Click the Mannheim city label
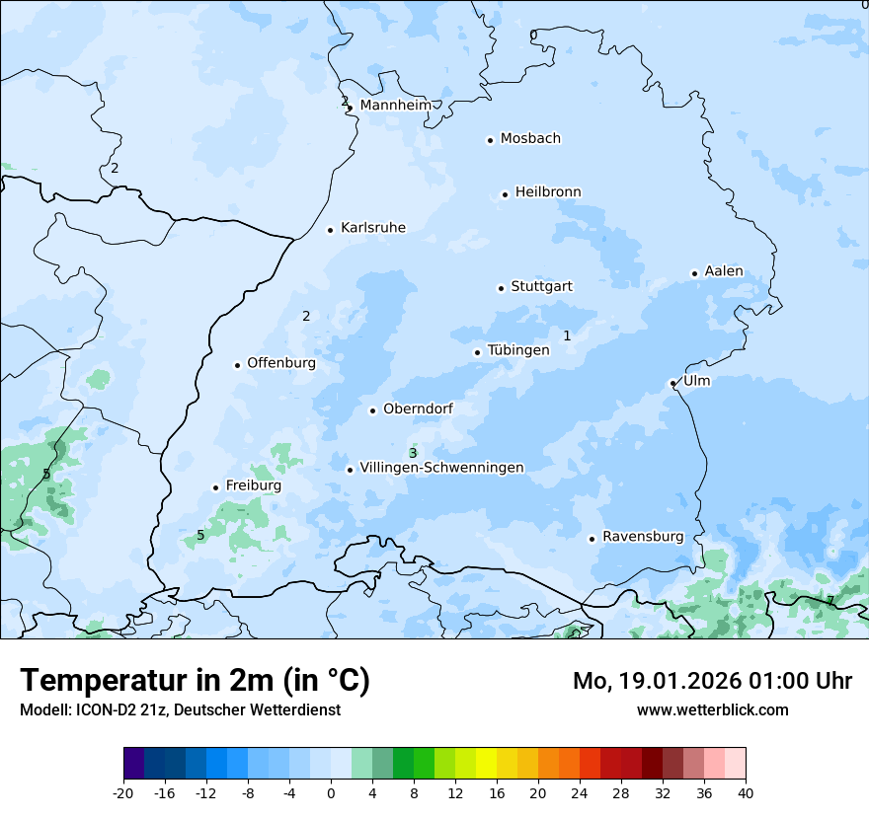pyautogui.click(x=396, y=106)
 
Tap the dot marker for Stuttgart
pyautogui.click(x=501, y=288)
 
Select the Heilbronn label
pyautogui.click(x=548, y=192)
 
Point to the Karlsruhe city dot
pyautogui.click(x=330, y=230)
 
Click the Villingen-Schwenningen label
pyautogui.click(x=441, y=468)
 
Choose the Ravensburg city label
pyautogui.click(x=643, y=537)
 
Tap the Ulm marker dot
pyautogui.click(x=672, y=383)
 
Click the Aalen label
pyautogui.click(x=724, y=271)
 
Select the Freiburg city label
pyautogui.click(x=253, y=485)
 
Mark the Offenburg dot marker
pyautogui.click(x=237, y=365)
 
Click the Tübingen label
pyautogui.click(x=518, y=350)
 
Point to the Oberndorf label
pyautogui.click(x=418, y=409)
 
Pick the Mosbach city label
pyautogui.click(x=530, y=139)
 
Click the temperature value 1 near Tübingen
pyautogui.click(x=567, y=335)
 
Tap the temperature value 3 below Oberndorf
pyautogui.click(x=413, y=452)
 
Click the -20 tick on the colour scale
pyautogui.click(x=123, y=792)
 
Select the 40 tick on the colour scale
pyautogui.click(x=745, y=792)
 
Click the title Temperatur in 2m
pyautogui.click(x=195, y=681)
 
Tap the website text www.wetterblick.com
pyautogui.click(x=712, y=709)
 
